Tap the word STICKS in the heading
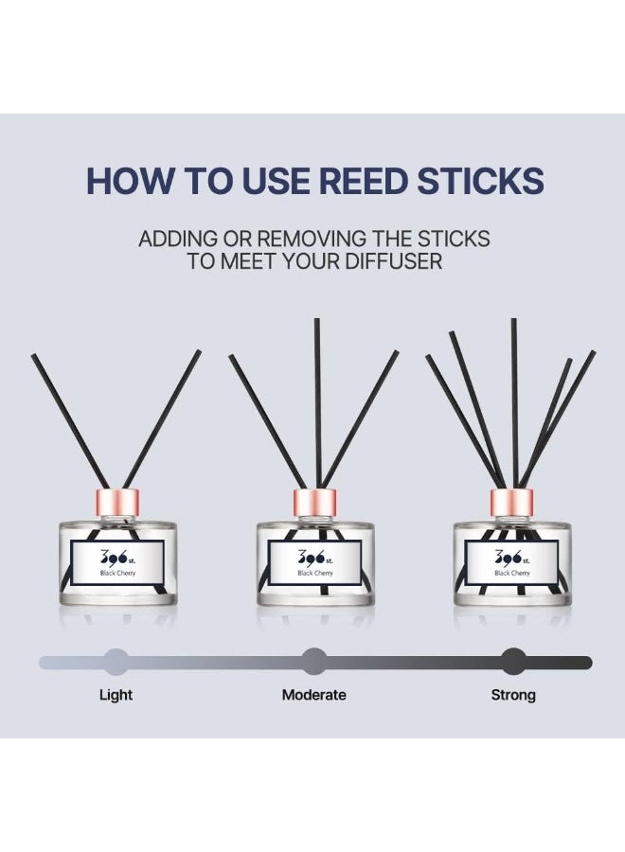click(480, 181)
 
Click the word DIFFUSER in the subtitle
click(394, 261)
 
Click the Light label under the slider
click(116, 695)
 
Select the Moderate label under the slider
click(313, 695)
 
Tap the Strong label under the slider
click(513, 695)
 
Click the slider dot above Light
click(116, 662)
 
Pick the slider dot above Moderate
click(313, 662)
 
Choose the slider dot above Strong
click(513, 662)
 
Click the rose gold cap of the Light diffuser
click(117, 504)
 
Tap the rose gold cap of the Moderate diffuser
click(315, 504)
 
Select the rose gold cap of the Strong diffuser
click(512, 504)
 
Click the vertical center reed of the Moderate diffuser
click(317, 403)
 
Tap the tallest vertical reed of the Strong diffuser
click(514, 403)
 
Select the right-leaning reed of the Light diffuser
click(161, 419)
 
